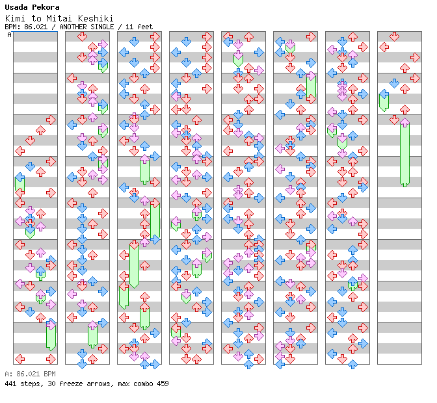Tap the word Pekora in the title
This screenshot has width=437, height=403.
coord(45,8)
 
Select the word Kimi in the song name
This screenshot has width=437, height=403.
coord(15,18)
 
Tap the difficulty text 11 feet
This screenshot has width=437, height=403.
coord(142,27)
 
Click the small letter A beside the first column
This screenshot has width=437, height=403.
coord(9,35)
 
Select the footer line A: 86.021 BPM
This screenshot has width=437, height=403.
coord(30,374)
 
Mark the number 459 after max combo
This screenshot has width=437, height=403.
coord(162,383)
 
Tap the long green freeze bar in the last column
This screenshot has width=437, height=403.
coord(404,154)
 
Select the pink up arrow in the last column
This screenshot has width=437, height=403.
coord(404,122)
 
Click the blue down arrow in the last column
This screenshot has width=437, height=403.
coord(394,83)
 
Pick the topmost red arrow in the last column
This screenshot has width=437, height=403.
coord(394,36)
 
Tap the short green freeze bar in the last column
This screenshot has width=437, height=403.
coord(384,101)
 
